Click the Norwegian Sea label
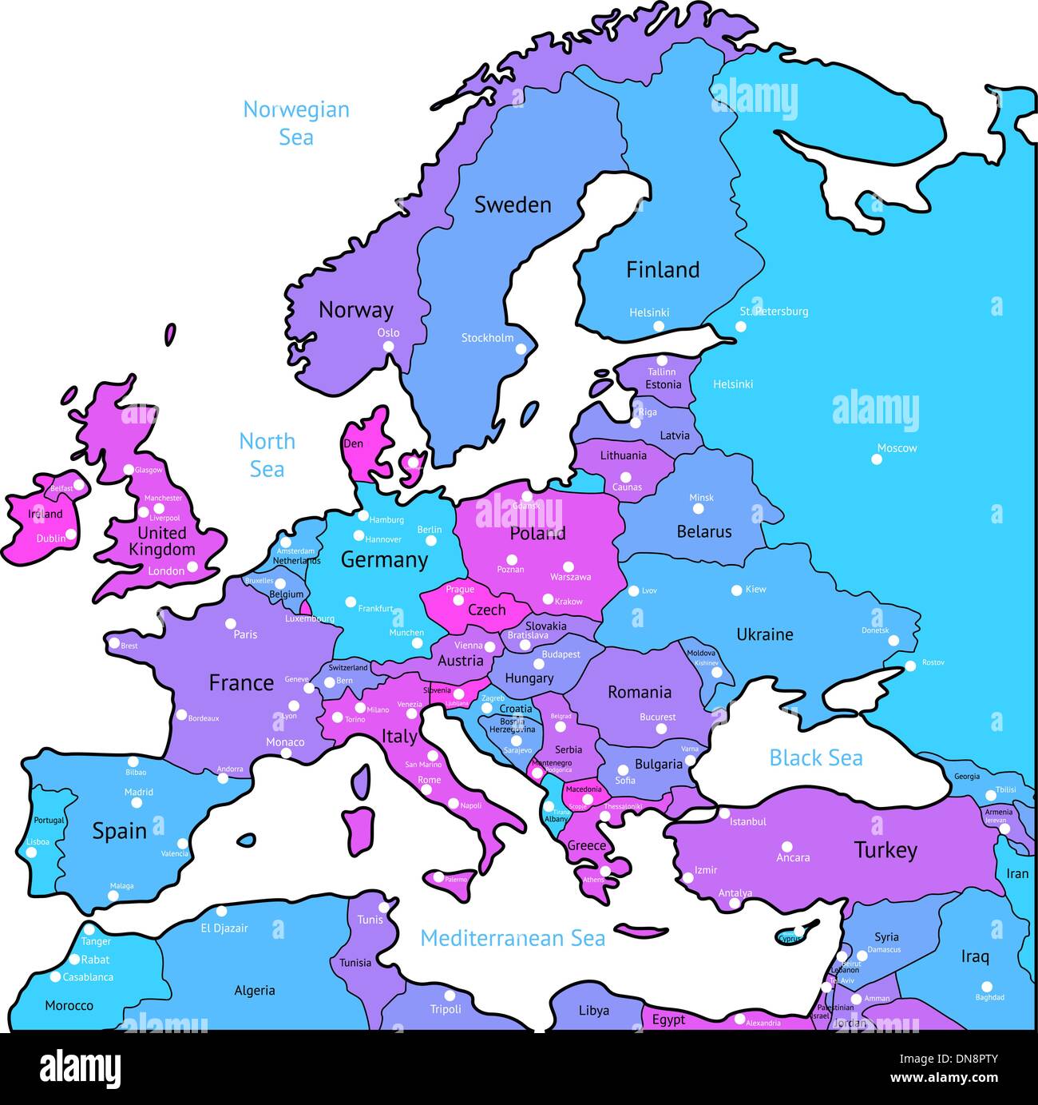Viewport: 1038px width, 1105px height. (296, 123)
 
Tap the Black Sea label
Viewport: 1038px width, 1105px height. (815, 757)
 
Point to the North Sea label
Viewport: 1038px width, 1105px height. (267, 455)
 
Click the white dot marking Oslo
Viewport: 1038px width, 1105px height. (388, 346)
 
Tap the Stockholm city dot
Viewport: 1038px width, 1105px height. (521, 348)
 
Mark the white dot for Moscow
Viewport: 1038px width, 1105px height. (877, 459)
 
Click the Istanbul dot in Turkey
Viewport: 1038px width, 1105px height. (724, 813)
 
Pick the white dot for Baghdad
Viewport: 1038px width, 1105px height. (986, 987)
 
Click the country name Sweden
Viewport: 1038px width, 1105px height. (513, 205)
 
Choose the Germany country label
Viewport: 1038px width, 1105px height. (384, 560)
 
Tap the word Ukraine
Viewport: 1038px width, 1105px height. (764, 634)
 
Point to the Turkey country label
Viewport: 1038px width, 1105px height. (885, 850)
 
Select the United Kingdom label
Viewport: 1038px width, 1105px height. (162, 541)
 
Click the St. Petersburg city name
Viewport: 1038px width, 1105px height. (774, 312)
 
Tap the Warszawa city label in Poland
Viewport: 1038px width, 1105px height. (570, 577)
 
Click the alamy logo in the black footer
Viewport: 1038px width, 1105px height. (81, 1068)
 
